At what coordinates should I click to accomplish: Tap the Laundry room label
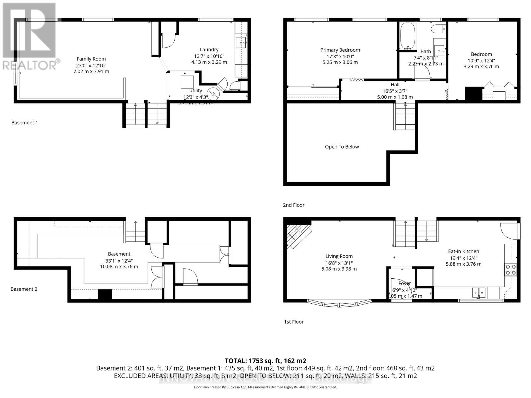pos(209,50)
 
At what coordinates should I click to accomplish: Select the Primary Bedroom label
pos(340,50)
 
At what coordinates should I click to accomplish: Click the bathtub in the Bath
pos(406,36)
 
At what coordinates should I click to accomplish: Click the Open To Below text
pos(342,147)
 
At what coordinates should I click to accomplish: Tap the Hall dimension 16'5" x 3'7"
pos(395,91)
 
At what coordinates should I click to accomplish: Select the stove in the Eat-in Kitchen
pos(510,270)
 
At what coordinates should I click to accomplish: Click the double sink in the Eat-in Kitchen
pos(479,292)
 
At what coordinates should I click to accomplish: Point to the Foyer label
pos(405,283)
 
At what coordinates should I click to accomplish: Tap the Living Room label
pos(339,256)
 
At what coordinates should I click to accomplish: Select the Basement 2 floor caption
pos(24,289)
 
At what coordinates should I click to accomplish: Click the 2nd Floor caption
pos(294,205)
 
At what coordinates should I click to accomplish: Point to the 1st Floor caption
pos(294,322)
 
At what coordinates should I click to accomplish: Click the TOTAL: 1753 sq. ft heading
pos(265,361)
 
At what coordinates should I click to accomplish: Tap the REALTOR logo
pos(30,36)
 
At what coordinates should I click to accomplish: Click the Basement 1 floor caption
pos(25,123)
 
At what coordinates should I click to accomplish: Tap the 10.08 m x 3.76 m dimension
pos(119,266)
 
